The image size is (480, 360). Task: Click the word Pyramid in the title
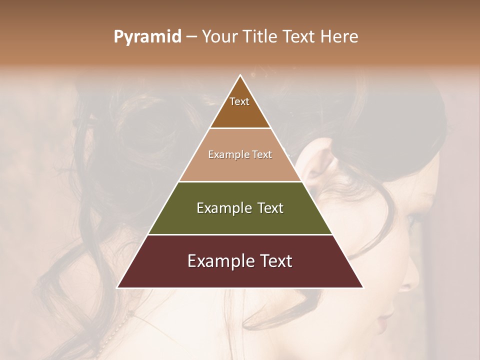147,37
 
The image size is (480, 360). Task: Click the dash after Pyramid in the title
191,37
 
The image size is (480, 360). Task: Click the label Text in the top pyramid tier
239,101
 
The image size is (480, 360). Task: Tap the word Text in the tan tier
262,154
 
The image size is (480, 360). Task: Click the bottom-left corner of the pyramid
117,287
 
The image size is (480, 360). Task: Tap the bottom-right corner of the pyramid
363,287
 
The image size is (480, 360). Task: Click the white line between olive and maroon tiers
240,234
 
